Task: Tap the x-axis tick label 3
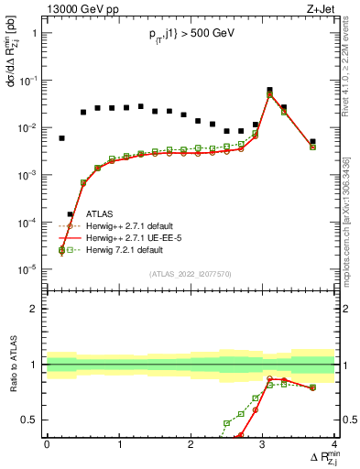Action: pyautogui.click(x=263, y=444)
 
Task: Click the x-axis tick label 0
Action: pyautogui.click(x=47, y=444)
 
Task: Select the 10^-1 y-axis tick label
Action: pyautogui.click(x=27, y=81)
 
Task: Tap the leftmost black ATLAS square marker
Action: pyautogui.click(x=61, y=138)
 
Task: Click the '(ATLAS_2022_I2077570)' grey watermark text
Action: pyautogui.click(x=190, y=273)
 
